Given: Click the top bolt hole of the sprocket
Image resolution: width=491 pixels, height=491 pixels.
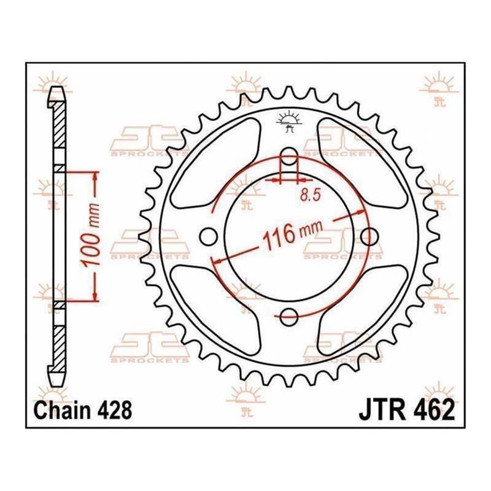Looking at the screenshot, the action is tap(288, 157).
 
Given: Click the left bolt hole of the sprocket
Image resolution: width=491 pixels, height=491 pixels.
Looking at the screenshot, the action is tap(208, 237).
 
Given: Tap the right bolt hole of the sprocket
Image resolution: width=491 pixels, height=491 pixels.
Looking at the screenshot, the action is tap(369, 237).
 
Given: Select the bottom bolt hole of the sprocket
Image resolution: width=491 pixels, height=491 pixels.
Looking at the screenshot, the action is tap(288, 317).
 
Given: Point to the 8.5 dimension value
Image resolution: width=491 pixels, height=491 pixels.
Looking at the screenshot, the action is tap(311, 195).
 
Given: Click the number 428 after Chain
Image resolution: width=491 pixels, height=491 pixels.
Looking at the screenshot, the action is tap(115, 410).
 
